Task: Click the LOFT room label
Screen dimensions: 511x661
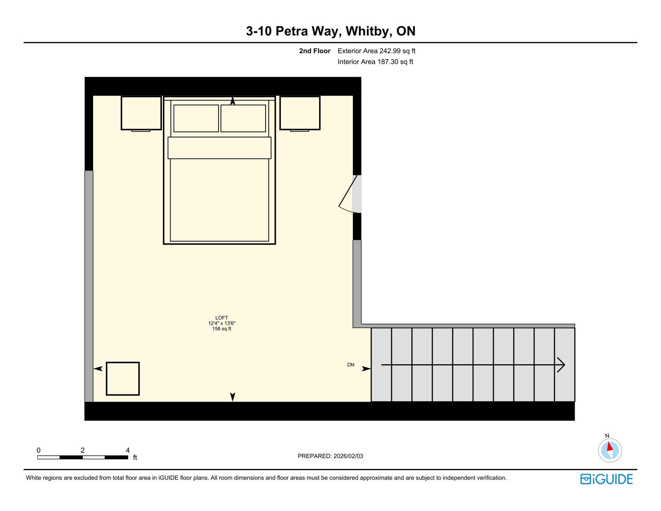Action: pyautogui.click(x=221, y=318)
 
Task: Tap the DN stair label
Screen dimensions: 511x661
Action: pyautogui.click(x=350, y=365)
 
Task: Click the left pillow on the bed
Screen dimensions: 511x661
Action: pyautogui.click(x=196, y=118)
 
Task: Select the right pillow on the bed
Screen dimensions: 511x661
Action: pyautogui.click(x=243, y=118)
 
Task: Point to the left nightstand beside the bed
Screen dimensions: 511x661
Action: pyautogui.click(x=141, y=113)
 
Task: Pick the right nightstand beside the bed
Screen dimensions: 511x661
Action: pyautogui.click(x=300, y=113)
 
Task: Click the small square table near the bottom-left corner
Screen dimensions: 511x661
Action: pyautogui.click(x=123, y=379)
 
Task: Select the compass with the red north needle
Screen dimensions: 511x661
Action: pyautogui.click(x=610, y=450)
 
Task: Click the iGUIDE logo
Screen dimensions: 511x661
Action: pyautogui.click(x=606, y=479)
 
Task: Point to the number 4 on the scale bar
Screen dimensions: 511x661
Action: pyautogui.click(x=128, y=450)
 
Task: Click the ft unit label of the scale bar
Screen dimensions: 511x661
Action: pyautogui.click(x=135, y=457)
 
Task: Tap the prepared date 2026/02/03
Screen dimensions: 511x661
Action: pyautogui.click(x=348, y=456)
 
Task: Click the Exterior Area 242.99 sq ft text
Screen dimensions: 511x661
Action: pyautogui.click(x=376, y=51)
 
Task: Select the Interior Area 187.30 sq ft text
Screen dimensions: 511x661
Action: pyautogui.click(x=375, y=62)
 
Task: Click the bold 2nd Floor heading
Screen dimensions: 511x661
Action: pyautogui.click(x=315, y=51)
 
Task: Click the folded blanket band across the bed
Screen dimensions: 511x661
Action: pyautogui.click(x=219, y=148)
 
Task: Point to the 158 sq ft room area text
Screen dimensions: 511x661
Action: pyautogui.click(x=221, y=329)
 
